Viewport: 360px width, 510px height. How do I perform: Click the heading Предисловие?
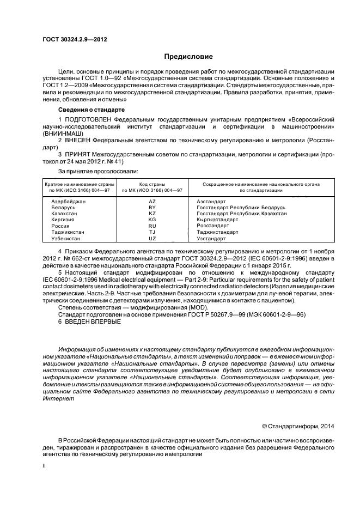(188, 57)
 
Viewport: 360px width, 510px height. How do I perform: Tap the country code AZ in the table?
(152, 202)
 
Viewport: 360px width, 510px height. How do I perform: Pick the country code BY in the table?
(152, 208)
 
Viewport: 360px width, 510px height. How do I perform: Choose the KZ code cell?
(152, 214)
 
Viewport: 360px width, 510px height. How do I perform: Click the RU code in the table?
(152, 226)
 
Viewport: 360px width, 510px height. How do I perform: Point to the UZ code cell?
(152, 238)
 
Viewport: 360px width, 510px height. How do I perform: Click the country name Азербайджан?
(69, 202)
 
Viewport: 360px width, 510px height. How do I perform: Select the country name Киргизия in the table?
(64, 220)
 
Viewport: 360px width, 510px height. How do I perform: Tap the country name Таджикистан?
(68, 232)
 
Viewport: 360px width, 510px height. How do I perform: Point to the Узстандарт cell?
(211, 238)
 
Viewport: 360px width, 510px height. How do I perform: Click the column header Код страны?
(152, 184)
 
